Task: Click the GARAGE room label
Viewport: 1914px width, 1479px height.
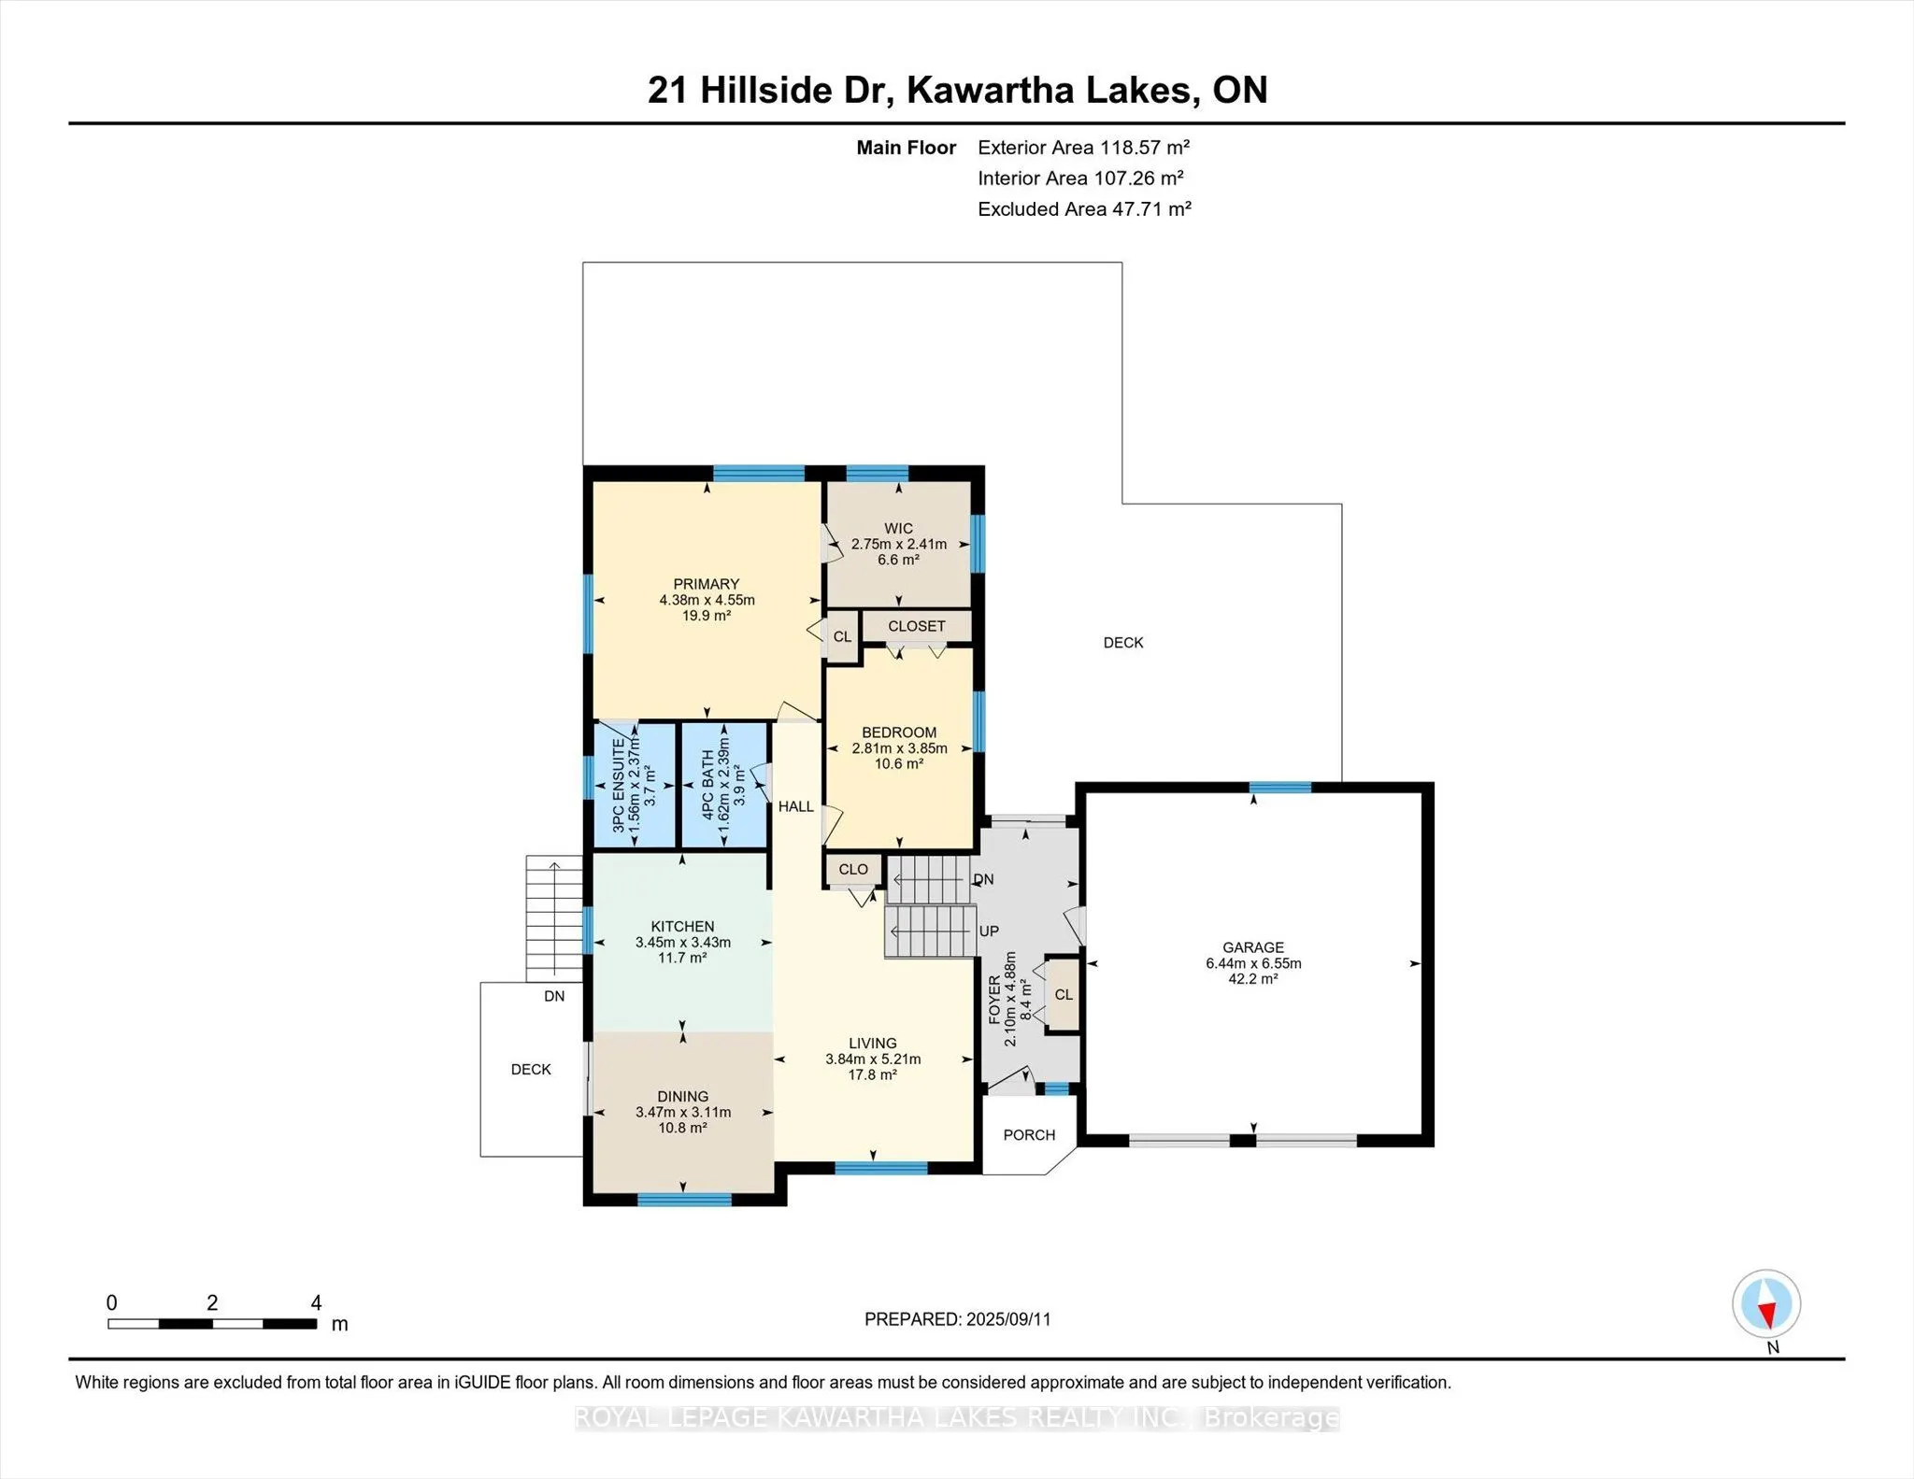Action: pyautogui.click(x=1253, y=947)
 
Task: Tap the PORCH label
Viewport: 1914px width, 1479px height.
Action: pyautogui.click(x=1029, y=1135)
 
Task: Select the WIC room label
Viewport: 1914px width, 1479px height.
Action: pyautogui.click(x=899, y=529)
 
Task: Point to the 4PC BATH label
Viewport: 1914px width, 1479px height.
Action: pyautogui.click(x=707, y=785)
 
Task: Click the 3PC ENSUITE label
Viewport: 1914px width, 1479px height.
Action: pyautogui.click(x=618, y=786)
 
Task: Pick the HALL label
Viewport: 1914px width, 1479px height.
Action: pyautogui.click(x=796, y=806)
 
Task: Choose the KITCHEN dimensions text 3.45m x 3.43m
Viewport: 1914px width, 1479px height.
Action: pyautogui.click(x=683, y=943)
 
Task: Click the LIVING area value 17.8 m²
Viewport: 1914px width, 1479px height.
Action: pyautogui.click(x=873, y=1075)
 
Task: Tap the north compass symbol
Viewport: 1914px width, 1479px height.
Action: pyautogui.click(x=1766, y=1303)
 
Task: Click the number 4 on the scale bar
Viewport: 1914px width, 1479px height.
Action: pyautogui.click(x=317, y=1302)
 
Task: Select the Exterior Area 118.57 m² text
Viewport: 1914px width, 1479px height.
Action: pyautogui.click(x=1084, y=147)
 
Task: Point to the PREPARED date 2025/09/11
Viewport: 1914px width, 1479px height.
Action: pyautogui.click(x=1008, y=1319)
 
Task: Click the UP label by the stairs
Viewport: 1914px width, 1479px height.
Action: pyautogui.click(x=989, y=931)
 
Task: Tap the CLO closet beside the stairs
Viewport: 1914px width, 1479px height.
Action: pyautogui.click(x=853, y=869)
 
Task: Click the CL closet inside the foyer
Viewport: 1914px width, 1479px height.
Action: pyautogui.click(x=1064, y=994)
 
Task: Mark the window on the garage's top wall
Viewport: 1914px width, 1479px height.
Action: pyautogui.click(x=1280, y=788)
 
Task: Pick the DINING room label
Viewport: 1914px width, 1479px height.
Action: pyautogui.click(x=683, y=1097)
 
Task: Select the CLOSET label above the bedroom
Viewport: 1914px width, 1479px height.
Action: pyautogui.click(x=917, y=626)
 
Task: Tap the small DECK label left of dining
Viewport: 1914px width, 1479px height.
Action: pyautogui.click(x=531, y=1070)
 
